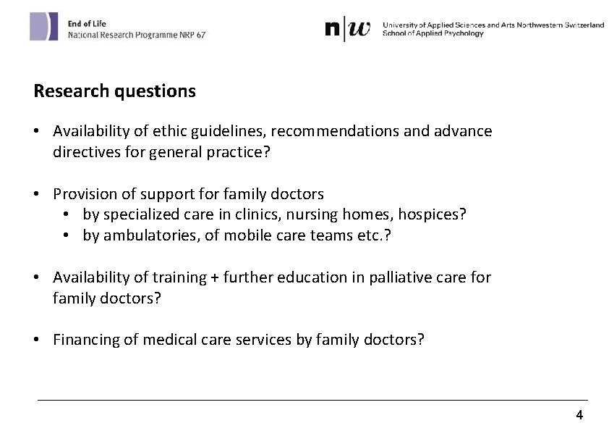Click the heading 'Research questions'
(114, 91)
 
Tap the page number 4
(579, 415)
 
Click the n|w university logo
(348, 29)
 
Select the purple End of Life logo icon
(43, 27)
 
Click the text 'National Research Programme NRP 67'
(137, 35)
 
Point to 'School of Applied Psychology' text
(433, 33)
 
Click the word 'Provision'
(85, 194)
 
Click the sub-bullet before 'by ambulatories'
(67, 235)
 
